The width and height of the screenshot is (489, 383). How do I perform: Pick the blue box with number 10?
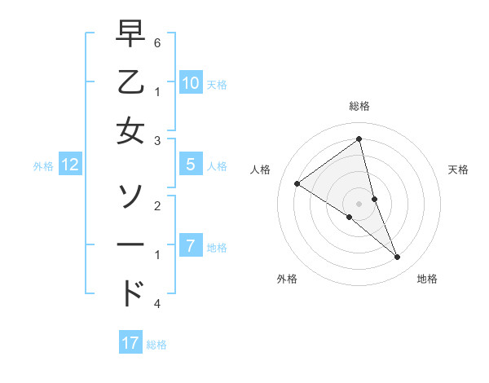coord(190,83)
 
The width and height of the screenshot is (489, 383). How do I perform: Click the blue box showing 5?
coord(190,165)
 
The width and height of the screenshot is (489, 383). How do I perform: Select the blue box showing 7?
coord(190,245)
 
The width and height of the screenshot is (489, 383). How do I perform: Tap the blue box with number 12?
coord(70,165)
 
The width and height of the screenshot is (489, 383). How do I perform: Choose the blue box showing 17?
coord(130,343)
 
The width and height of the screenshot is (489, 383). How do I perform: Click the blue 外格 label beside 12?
coord(43,165)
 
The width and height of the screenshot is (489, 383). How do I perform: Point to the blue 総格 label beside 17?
coord(156,344)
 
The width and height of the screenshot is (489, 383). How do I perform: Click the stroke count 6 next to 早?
coord(157,41)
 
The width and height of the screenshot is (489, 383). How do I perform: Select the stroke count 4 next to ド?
coord(157,303)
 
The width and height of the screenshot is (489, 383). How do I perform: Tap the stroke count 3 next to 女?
coord(157,141)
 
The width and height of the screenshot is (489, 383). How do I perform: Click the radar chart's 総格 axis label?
coord(359,106)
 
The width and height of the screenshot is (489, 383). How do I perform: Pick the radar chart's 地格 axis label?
coord(427,279)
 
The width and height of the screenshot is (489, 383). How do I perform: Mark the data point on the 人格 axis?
coord(297,183)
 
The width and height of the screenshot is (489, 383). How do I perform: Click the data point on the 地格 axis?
coord(398,258)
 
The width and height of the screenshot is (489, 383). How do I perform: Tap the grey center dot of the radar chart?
coord(359,203)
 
